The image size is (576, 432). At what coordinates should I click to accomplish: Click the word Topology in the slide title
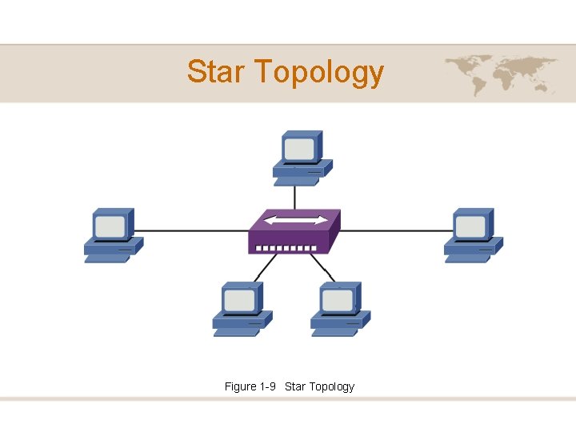[x=320, y=73]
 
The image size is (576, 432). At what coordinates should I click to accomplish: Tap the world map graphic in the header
[x=501, y=74]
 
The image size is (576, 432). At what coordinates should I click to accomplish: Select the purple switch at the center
[x=293, y=232]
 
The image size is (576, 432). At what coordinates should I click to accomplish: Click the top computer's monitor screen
[x=299, y=150]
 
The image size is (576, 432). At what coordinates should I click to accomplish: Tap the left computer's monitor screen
[x=110, y=226]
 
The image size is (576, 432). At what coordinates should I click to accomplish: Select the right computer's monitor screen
[x=470, y=226]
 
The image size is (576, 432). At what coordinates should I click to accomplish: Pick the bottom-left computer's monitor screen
[x=239, y=300]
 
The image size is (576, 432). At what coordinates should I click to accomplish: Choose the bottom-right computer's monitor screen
[x=338, y=300]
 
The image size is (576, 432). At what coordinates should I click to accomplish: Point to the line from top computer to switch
[x=295, y=197]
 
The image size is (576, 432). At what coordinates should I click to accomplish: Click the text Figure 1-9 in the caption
[x=250, y=386]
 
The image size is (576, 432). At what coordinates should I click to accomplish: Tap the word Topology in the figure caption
[x=331, y=386]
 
